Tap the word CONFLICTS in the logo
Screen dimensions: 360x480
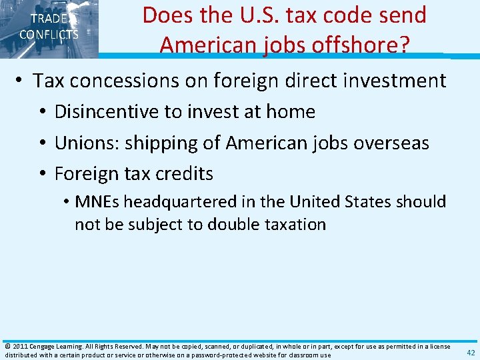49,35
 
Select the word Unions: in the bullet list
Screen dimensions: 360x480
81,143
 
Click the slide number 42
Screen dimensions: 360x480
471,353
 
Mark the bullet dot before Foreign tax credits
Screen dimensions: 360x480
43,174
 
